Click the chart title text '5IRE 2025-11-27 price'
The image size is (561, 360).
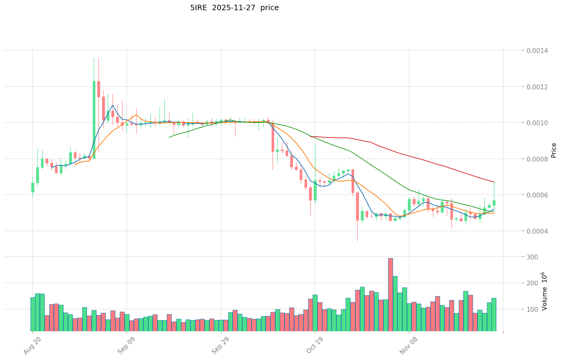click(x=234, y=8)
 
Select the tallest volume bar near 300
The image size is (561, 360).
click(x=390, y=295)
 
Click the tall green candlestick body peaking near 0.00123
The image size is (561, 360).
click(x=94, y=120)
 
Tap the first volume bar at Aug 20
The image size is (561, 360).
click(x=33, y=314)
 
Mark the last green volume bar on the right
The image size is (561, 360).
click(x=494, y=314)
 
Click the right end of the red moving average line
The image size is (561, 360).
click(x=494, y=182)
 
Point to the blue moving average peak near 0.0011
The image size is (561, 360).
click(x=113, y=105)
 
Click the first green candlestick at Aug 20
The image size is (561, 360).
click(x=33, y=187)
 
